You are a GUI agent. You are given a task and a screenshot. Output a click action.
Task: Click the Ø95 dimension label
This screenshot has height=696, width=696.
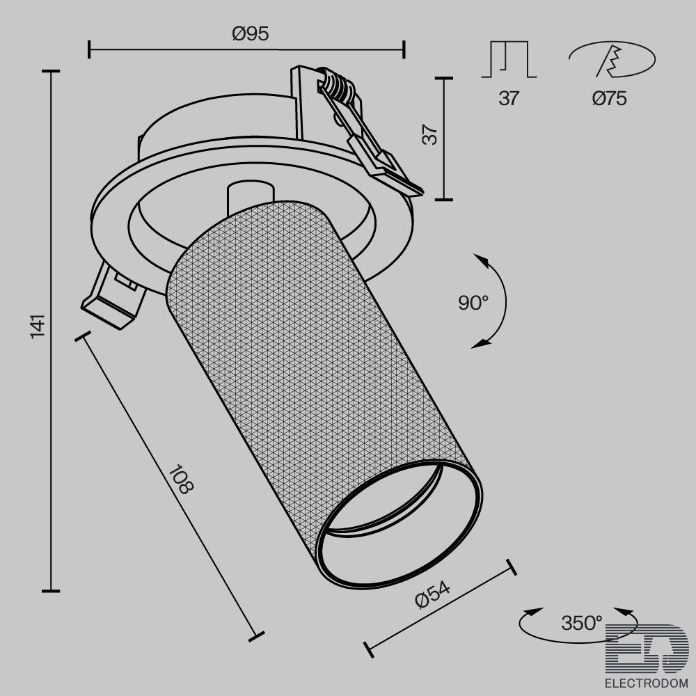coord(251,33)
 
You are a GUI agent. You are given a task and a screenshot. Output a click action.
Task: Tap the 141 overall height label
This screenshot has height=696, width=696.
coord(38,326)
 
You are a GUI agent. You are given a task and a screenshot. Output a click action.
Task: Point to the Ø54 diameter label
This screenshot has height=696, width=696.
coord(432,594)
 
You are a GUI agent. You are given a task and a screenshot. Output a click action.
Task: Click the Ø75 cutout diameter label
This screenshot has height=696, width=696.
coord(610,98)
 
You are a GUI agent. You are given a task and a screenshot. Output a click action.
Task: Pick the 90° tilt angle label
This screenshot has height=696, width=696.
coord(473,303)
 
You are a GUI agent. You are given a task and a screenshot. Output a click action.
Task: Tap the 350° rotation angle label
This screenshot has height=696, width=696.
coord(581,623)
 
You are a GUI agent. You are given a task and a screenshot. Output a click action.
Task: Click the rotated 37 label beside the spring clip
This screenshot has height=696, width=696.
coord(429,135)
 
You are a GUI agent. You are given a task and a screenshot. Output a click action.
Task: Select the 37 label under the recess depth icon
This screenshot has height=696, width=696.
coord(509,98)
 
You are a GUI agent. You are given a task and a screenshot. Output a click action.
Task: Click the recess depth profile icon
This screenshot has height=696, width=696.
coord(509,59)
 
